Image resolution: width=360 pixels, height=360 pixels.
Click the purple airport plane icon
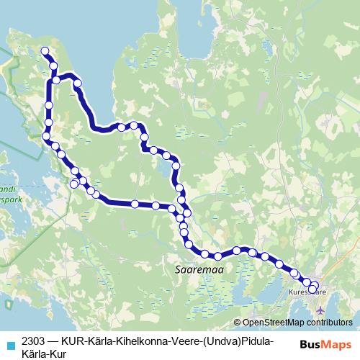[x=320, y=310]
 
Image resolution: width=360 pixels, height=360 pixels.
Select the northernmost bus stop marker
[x=45, y=51]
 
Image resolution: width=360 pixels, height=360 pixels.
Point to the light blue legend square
[x=11, y=344]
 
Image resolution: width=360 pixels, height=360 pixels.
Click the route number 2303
[x=34, y=339]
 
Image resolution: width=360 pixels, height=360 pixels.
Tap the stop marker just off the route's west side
[x=73, y=185]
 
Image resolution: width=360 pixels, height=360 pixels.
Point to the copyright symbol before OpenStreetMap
[x=238, y=323]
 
